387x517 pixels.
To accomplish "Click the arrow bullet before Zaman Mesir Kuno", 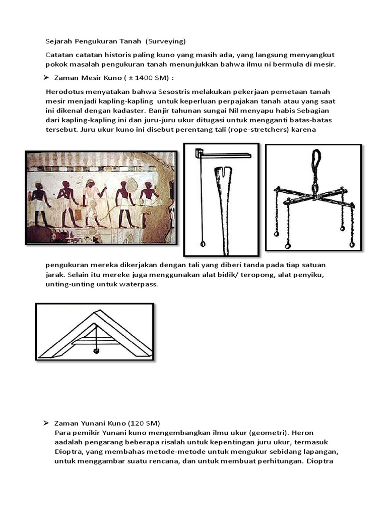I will pyautogui.click(x=45, y=78).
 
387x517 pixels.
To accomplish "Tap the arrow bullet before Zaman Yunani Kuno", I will pyautogui.click(x=45, y=422).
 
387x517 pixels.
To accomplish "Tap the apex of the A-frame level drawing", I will pyautogui.click(x=95, y=312).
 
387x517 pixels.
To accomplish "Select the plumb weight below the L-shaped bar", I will pyautogui.click(x=203, y=244).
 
